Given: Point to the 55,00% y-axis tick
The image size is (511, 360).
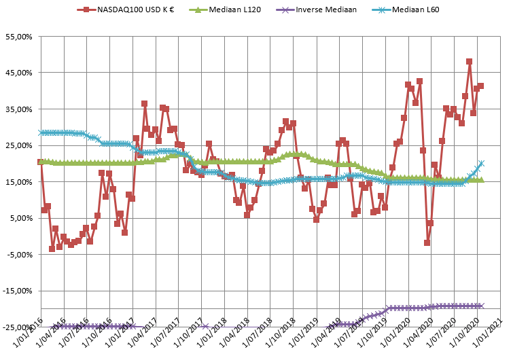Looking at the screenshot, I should tap(18, 36).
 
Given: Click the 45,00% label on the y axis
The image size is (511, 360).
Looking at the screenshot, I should tap(18, 73).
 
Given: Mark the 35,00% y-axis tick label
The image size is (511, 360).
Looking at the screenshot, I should tap(18, 109).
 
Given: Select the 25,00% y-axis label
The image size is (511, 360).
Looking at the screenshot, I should tap(18, 145).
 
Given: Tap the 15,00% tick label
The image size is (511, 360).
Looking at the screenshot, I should tap(18, 182).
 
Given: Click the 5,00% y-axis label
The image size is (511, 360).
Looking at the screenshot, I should tap(20, 218).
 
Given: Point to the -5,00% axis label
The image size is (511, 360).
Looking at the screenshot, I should tap(19, 255).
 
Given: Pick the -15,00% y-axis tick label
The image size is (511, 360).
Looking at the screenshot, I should tap(17, 291).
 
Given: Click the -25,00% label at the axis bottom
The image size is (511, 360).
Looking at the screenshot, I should tap(17, 327).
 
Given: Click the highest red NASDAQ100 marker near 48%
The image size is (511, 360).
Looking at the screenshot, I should tap(469, 61).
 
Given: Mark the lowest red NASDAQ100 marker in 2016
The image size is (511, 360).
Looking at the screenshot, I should tap(52, 249).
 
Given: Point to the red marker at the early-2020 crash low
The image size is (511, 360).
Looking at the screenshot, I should tap(427, 242).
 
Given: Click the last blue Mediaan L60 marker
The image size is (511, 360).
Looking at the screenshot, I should tap(481, 163).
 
